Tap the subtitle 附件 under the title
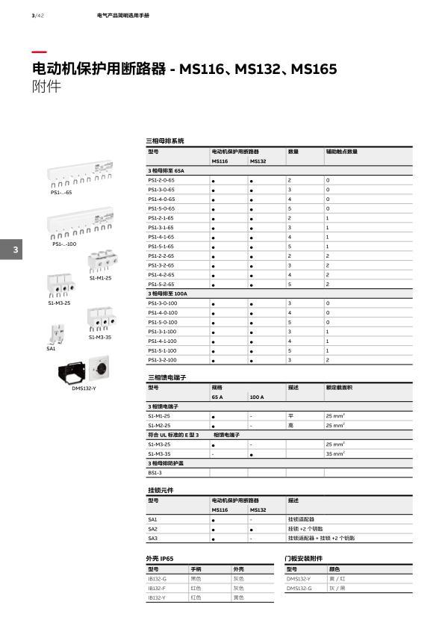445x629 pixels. click(46, 87)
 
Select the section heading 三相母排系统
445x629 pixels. click(165, 140)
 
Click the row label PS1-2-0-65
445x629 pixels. click(161, 181)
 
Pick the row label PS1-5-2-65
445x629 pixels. click(161, 285)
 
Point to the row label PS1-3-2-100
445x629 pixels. click(163, 360)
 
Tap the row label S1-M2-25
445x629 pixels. click(159, 425)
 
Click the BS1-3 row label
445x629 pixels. click(155, 472)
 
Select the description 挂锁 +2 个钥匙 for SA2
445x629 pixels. click(305, 528)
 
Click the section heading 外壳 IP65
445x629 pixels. click(160, 558)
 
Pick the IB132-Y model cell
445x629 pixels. click(157, 598)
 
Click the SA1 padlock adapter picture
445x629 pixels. click(55, 333)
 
